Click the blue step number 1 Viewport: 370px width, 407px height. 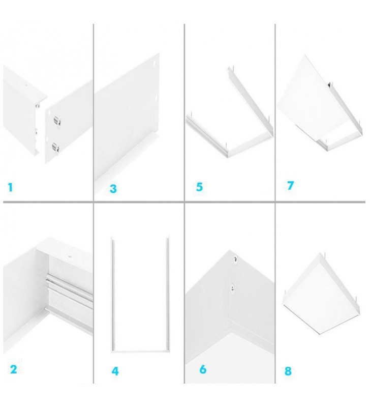pos(10,187)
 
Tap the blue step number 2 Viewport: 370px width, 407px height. pos(13,369)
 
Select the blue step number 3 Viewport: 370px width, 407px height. pos(113,189)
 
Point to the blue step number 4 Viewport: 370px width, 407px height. pos(115,371)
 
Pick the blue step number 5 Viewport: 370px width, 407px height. pos(199,187)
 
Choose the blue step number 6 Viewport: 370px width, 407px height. pos(203,369)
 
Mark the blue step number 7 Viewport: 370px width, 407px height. pos(290,185)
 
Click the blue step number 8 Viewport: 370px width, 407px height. pos(288,371)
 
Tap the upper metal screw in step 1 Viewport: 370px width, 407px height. pos(55,121)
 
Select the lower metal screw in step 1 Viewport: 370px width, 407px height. pos(55,148)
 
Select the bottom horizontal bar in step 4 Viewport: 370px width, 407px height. pos(140,351)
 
